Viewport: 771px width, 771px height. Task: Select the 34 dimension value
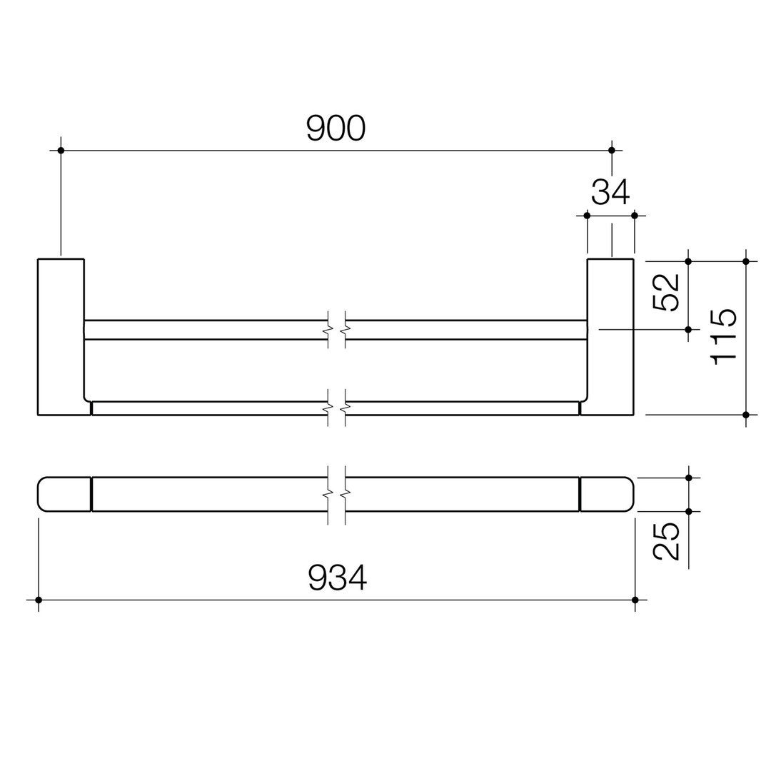pos(610,191)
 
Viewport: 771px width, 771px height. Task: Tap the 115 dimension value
pos(723,338)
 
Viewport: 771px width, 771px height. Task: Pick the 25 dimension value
pos(665,540)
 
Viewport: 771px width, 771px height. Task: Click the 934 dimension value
pos(338,577)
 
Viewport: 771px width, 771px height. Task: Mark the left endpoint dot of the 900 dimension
pos(61,150)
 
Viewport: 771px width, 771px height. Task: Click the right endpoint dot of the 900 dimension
pos(612,150)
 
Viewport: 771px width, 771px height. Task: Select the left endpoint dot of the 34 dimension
pos(587,216)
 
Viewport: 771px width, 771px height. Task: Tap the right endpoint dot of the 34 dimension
pos(635,216)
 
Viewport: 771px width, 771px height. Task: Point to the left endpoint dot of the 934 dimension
pos(39,600)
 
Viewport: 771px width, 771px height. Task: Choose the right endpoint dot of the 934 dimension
pos(635,600)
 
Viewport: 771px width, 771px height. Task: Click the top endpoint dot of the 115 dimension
pos(746,261)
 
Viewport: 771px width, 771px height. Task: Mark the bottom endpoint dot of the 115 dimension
pos(746,415)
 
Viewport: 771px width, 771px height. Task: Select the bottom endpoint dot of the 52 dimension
pos(688,329)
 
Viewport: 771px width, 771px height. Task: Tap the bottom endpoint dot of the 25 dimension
pos(688,511)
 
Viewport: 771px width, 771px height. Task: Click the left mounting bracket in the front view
pos(61,336)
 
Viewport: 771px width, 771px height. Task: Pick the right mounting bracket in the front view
pos(610,336)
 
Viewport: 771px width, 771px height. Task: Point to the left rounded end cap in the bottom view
pos(64,494)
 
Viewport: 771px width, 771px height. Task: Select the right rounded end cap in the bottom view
pos(607,494)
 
